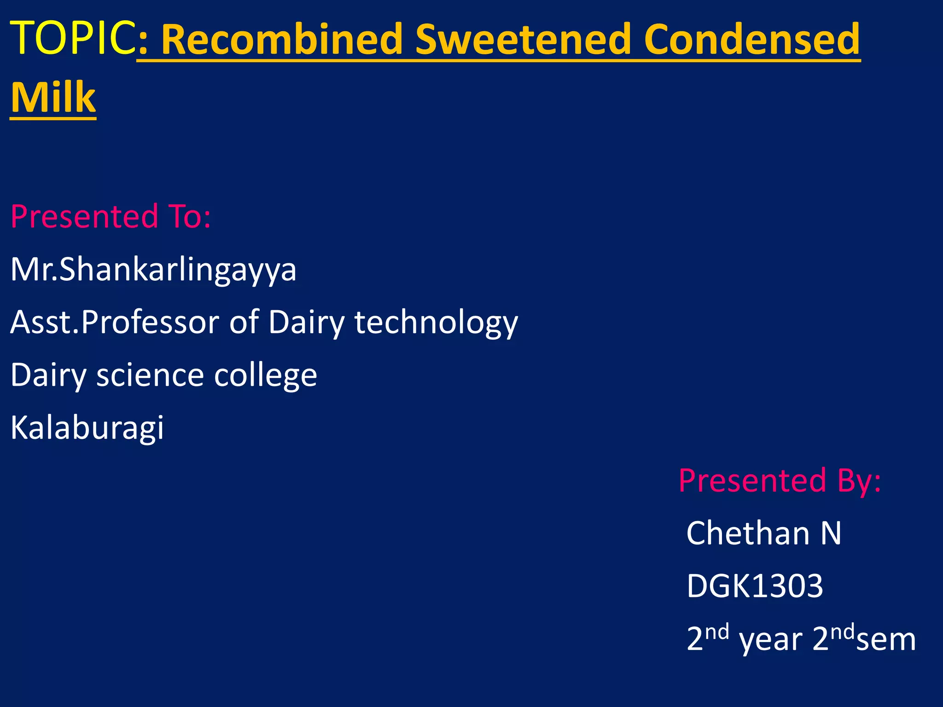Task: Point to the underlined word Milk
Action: pos(53,98)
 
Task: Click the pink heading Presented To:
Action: pos(111,216)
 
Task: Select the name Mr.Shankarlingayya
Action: pos(153,270)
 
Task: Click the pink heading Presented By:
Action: pos(780,481)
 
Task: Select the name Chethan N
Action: pos(763,533)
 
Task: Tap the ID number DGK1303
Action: pos(754,586)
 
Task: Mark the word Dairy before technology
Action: pos(306,322)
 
